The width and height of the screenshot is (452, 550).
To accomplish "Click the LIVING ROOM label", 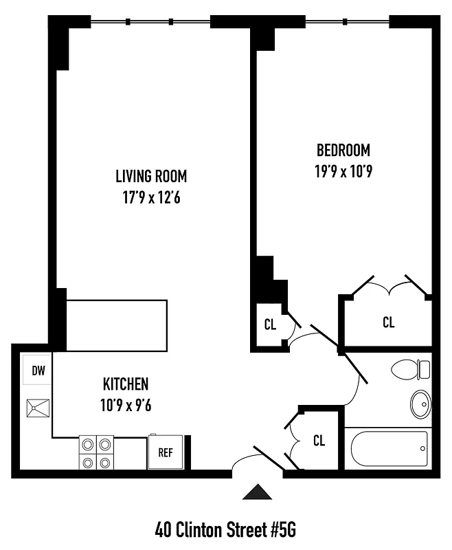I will pos(150,177).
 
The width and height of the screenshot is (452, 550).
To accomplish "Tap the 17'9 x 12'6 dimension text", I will pos(150,198).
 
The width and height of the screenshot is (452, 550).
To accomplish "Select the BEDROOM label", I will pos(343,150).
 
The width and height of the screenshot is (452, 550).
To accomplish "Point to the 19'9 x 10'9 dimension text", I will pos(343,170).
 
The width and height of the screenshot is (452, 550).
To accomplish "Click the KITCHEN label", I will pos(125,384).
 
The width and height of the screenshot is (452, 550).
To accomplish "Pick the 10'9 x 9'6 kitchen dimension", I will pos(125,404).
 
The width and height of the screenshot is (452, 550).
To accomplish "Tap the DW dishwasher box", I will pos(38,371).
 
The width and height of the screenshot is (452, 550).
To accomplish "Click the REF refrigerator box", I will pos(165,452).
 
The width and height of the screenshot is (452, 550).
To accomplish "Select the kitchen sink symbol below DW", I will pos(35,409).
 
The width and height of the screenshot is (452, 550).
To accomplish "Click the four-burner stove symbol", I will pos(96,452).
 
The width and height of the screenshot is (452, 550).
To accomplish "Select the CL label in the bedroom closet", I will pos(388,322).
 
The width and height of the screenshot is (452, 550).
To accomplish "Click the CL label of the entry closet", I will pos(319,441).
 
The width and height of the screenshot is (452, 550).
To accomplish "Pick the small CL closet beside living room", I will pos(270,324).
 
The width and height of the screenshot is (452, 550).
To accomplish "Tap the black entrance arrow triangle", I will pos(258,492).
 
